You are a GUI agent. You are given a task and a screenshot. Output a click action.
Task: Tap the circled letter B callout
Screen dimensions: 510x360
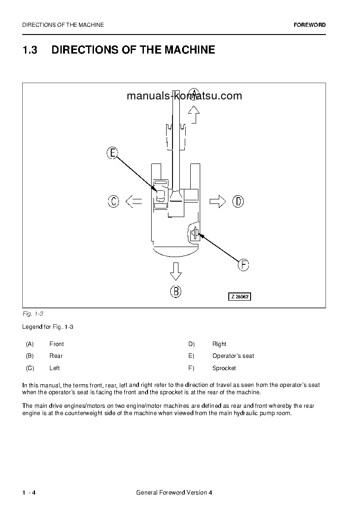click(x=176, y=291)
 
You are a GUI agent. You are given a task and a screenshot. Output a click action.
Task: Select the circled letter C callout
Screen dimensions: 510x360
click(x=113, y=201)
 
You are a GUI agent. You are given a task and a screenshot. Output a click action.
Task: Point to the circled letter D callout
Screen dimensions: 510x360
click(x=238, y=201)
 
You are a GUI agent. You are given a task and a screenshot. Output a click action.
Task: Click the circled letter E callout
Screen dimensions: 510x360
click(x=112, y=153)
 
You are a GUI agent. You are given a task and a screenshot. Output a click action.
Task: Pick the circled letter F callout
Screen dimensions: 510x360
click(x=243, y=265)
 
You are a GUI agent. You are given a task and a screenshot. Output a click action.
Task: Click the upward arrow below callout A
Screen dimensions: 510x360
click(x=194, y=114)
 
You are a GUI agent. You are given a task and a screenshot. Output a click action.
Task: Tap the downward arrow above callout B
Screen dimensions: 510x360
click(x=176, y=271)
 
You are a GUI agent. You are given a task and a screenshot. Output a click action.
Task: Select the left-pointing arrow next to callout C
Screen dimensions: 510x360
click(x=133, y=201)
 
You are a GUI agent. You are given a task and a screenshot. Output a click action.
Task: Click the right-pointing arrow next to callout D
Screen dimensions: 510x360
click(x=217, y=201)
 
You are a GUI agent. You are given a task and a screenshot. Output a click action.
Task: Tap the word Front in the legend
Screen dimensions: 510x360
click(x=56, y=344)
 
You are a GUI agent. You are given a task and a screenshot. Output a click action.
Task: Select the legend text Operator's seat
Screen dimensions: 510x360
click(x=233, y=356)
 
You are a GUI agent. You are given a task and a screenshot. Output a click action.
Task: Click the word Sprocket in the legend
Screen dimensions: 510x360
click(x=224, y=368)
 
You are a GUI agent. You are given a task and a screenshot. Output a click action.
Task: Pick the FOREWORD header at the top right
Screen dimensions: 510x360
click(x=310, y=25)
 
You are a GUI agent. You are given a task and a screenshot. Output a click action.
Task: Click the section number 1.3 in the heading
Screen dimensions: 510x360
click(x=30, y=50)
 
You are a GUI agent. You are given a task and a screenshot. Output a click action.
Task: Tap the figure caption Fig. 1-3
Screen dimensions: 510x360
click(x=32, y=314)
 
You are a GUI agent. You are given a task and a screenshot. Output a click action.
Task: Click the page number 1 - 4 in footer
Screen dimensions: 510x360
click(x=29, y=493)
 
